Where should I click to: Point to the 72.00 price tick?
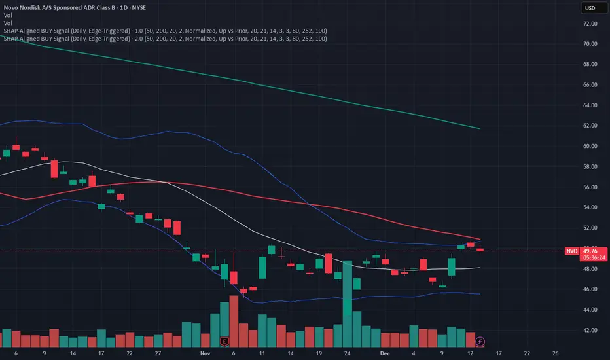(590, 24)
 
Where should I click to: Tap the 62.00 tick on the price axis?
(590, 126)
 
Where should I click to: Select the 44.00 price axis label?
(590, 310)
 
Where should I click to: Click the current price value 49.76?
(592, 251)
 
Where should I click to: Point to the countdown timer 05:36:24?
(592, 258)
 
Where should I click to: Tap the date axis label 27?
(158, 352)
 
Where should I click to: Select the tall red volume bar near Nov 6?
(234, 321)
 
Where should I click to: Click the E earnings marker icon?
(225, 342)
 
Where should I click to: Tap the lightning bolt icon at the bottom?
(481, 342)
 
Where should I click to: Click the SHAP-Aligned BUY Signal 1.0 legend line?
(164, 31)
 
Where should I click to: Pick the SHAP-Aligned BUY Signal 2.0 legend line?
(164, 39)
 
